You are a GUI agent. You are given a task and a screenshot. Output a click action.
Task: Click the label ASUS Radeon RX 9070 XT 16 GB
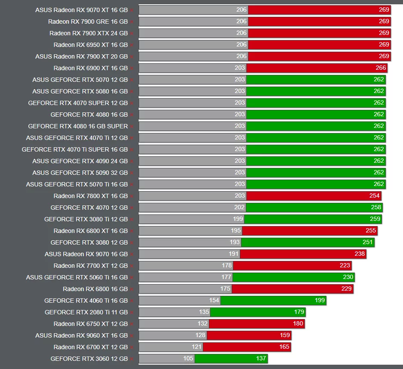pos(81,9)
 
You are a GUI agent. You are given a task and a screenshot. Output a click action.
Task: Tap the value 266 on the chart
pos(381,68)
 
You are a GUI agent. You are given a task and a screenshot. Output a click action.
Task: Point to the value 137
pos(261,359)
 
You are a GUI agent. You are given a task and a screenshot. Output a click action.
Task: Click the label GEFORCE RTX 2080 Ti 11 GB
pos(86,312)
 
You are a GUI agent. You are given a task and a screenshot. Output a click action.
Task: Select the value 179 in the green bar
pos(299,312)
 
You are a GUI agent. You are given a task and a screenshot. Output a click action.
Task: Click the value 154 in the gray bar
pos(214,300)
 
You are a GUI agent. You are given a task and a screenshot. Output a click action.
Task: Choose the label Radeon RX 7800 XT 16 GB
pos(90,196)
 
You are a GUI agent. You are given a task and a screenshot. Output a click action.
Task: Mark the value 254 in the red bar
pos(374,195)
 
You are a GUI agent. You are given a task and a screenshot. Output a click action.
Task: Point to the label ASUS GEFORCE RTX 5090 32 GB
pos(80,173)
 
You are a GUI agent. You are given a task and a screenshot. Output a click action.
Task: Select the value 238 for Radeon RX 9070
pos(360,254)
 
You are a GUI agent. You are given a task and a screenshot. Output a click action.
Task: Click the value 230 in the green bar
pos(348,277)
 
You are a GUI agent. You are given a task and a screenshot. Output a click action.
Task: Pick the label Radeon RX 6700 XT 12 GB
pos(90,347)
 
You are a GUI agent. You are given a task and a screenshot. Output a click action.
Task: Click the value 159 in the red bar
pos(285,335)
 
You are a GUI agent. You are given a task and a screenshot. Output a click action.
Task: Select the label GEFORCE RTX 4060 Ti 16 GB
pos(86,301)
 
